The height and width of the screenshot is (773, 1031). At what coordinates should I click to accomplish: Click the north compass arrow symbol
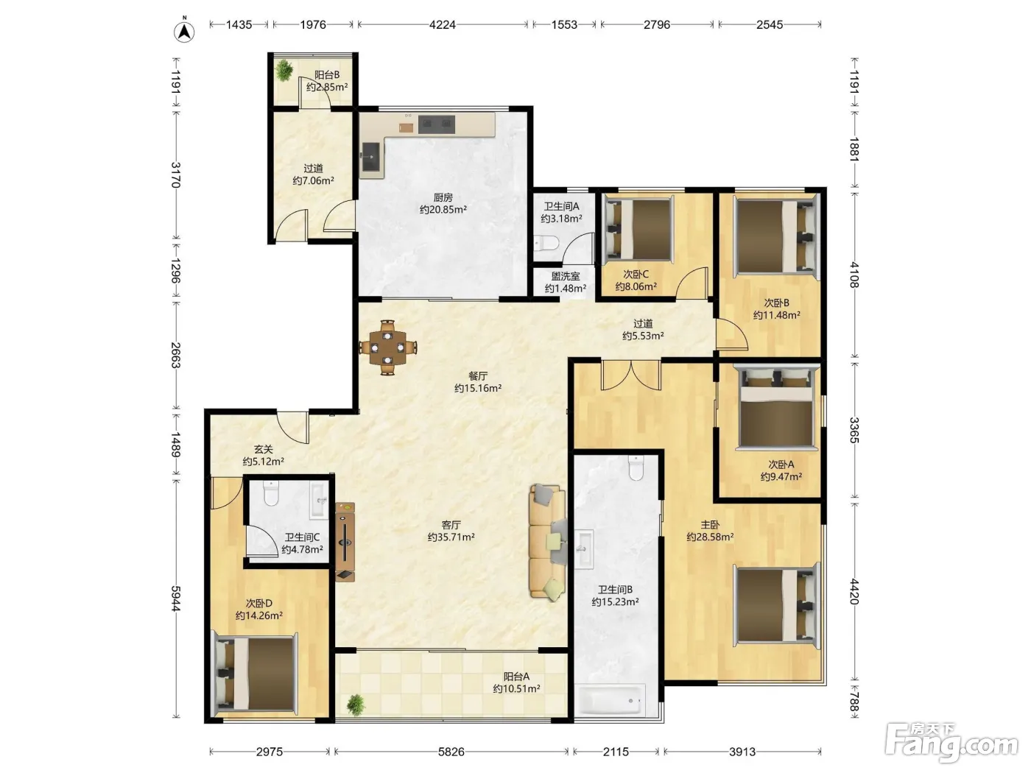[184, 31]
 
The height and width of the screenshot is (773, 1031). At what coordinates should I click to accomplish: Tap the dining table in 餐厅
[387, 347]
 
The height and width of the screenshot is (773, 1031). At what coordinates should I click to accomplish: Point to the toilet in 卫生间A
[546, 243]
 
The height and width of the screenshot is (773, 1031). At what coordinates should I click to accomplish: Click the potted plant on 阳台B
[284, 71]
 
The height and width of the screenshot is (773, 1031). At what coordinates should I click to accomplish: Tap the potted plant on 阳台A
[356, 705]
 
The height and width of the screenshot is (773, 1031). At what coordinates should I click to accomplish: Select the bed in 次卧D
[256, 673]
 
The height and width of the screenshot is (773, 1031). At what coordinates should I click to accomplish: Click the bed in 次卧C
[639, 229]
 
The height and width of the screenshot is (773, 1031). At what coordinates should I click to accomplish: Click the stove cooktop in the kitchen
[437, 124]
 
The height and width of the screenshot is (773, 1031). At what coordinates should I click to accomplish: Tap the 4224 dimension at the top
[443, 24]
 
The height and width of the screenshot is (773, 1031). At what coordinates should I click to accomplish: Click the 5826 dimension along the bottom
[451, 752]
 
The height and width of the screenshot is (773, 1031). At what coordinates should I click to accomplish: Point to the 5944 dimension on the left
[176, 599]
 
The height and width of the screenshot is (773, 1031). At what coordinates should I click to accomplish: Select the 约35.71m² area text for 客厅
[451, 537]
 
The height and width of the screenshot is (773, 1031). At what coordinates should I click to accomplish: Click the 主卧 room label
[710, 525]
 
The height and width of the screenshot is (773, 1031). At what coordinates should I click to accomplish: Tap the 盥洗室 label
[566, 277]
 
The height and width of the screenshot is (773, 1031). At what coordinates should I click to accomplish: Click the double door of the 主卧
[631, 375]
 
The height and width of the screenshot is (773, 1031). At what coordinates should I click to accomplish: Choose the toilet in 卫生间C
[271, 494]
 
